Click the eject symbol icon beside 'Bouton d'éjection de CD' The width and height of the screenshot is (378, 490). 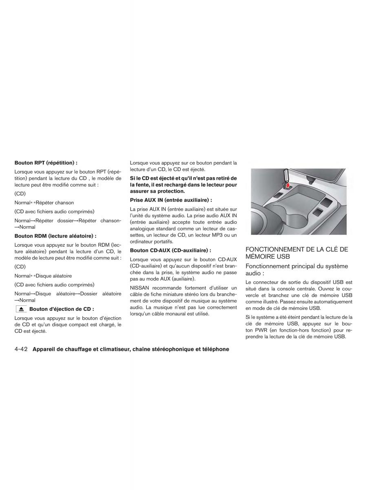[x=21, y=309]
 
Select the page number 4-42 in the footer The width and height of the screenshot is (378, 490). [x=20, y=350]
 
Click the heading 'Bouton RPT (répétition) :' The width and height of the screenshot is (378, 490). [x=46, y=163]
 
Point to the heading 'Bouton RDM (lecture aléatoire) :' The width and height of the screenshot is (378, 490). [x=55, y=236]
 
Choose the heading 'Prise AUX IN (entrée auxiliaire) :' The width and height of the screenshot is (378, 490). [x=171, y=200]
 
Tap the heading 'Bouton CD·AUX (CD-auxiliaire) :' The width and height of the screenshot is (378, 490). [x=170, y=250]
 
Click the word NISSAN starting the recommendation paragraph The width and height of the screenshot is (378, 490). [x=140, y=288]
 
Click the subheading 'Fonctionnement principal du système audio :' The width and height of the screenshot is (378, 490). [x=296, y=269]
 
